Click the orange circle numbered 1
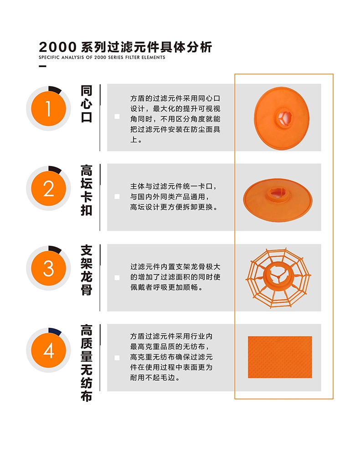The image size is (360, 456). (x=48, y=109)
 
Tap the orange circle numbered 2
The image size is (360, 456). (x=48, y=188)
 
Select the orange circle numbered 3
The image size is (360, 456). (x=48, y=269)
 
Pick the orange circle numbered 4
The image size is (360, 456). (x=48, y=350)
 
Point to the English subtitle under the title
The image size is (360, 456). (x=102, y=57)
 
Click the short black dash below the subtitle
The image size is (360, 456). (x=43, y=67)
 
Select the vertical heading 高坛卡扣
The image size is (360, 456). (x=87, y=191)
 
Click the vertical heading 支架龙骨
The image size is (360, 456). (x=87, y=270)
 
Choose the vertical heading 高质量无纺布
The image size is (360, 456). (x=87, y=363)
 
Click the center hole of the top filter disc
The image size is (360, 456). (x=284, y=117)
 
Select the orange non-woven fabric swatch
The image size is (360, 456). (x=280, y=357)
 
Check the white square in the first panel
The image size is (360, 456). (x=117, y=117)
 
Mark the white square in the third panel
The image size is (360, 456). (x=117, y=277)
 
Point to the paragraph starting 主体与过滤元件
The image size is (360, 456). (x=174, y=197)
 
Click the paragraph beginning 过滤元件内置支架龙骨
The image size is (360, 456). (x=175, y=277)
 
